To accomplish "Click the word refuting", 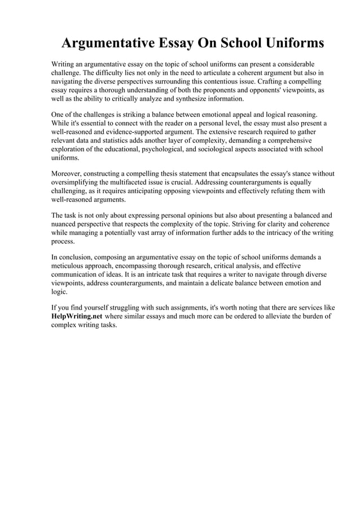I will [x=287, y=191].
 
